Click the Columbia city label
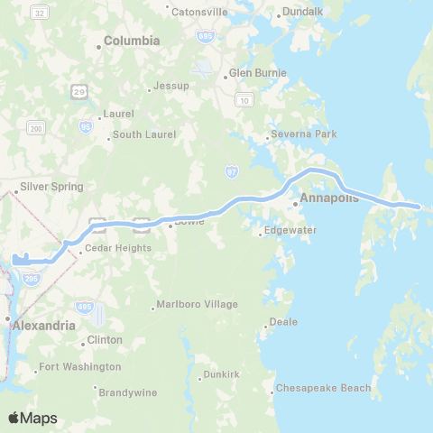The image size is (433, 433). pos(132,41)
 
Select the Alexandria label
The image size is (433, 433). pos(43,320)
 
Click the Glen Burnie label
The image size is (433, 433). pos(257,72)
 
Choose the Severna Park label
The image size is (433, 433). pos(306,134)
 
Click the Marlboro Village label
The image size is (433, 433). pos(198,304)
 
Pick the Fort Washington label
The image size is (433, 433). pos(79,367)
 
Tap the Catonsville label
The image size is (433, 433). pos(199,12)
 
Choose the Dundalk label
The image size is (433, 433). pos(302,11)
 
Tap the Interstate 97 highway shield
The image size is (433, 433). pos(232,170)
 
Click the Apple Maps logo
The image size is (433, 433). pos(32,418)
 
